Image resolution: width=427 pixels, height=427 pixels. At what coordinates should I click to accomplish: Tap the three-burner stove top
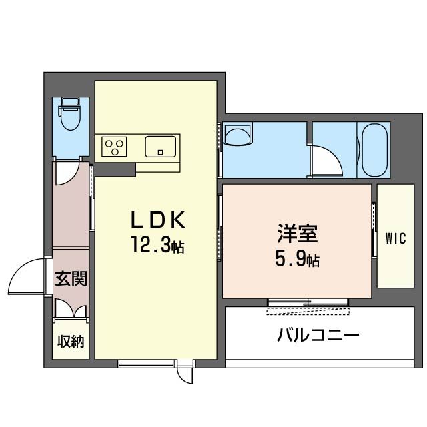coord(114,147)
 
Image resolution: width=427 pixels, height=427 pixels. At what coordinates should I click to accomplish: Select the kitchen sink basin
coord(160,147)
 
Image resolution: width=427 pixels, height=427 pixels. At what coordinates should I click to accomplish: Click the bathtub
coord(375,151)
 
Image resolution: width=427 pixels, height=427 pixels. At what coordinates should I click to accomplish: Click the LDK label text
coord(158,220)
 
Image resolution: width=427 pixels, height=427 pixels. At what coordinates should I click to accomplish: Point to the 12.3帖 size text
coord(158,245)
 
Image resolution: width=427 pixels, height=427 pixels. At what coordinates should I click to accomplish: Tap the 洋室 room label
coord(298,233)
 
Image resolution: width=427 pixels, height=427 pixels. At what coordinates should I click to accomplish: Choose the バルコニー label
coord(318,335)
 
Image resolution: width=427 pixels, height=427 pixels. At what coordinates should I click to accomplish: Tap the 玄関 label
coord(71,278)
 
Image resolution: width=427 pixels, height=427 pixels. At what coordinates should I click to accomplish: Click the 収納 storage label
coord(71,341)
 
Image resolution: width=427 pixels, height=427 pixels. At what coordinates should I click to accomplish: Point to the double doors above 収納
coord(71,308)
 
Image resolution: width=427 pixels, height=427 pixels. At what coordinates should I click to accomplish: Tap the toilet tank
coord(71,101)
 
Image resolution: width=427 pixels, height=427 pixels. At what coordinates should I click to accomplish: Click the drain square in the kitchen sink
coord(160,153)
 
